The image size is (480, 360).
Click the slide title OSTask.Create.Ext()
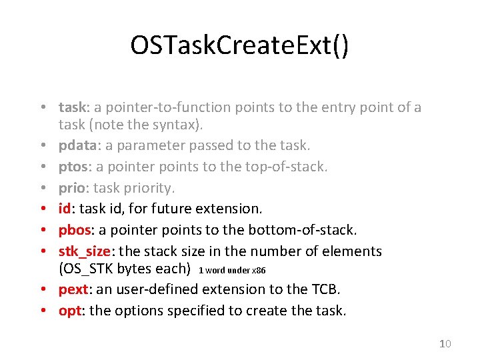pos(239,46)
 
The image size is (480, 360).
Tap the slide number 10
pos(445,343)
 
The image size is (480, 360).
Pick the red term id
pos(65,209)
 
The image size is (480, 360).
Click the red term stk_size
pos(85,251)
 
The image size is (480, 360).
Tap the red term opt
pos(69,311)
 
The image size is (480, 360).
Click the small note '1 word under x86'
pos(232,270)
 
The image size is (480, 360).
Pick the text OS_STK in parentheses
pos(87,269)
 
